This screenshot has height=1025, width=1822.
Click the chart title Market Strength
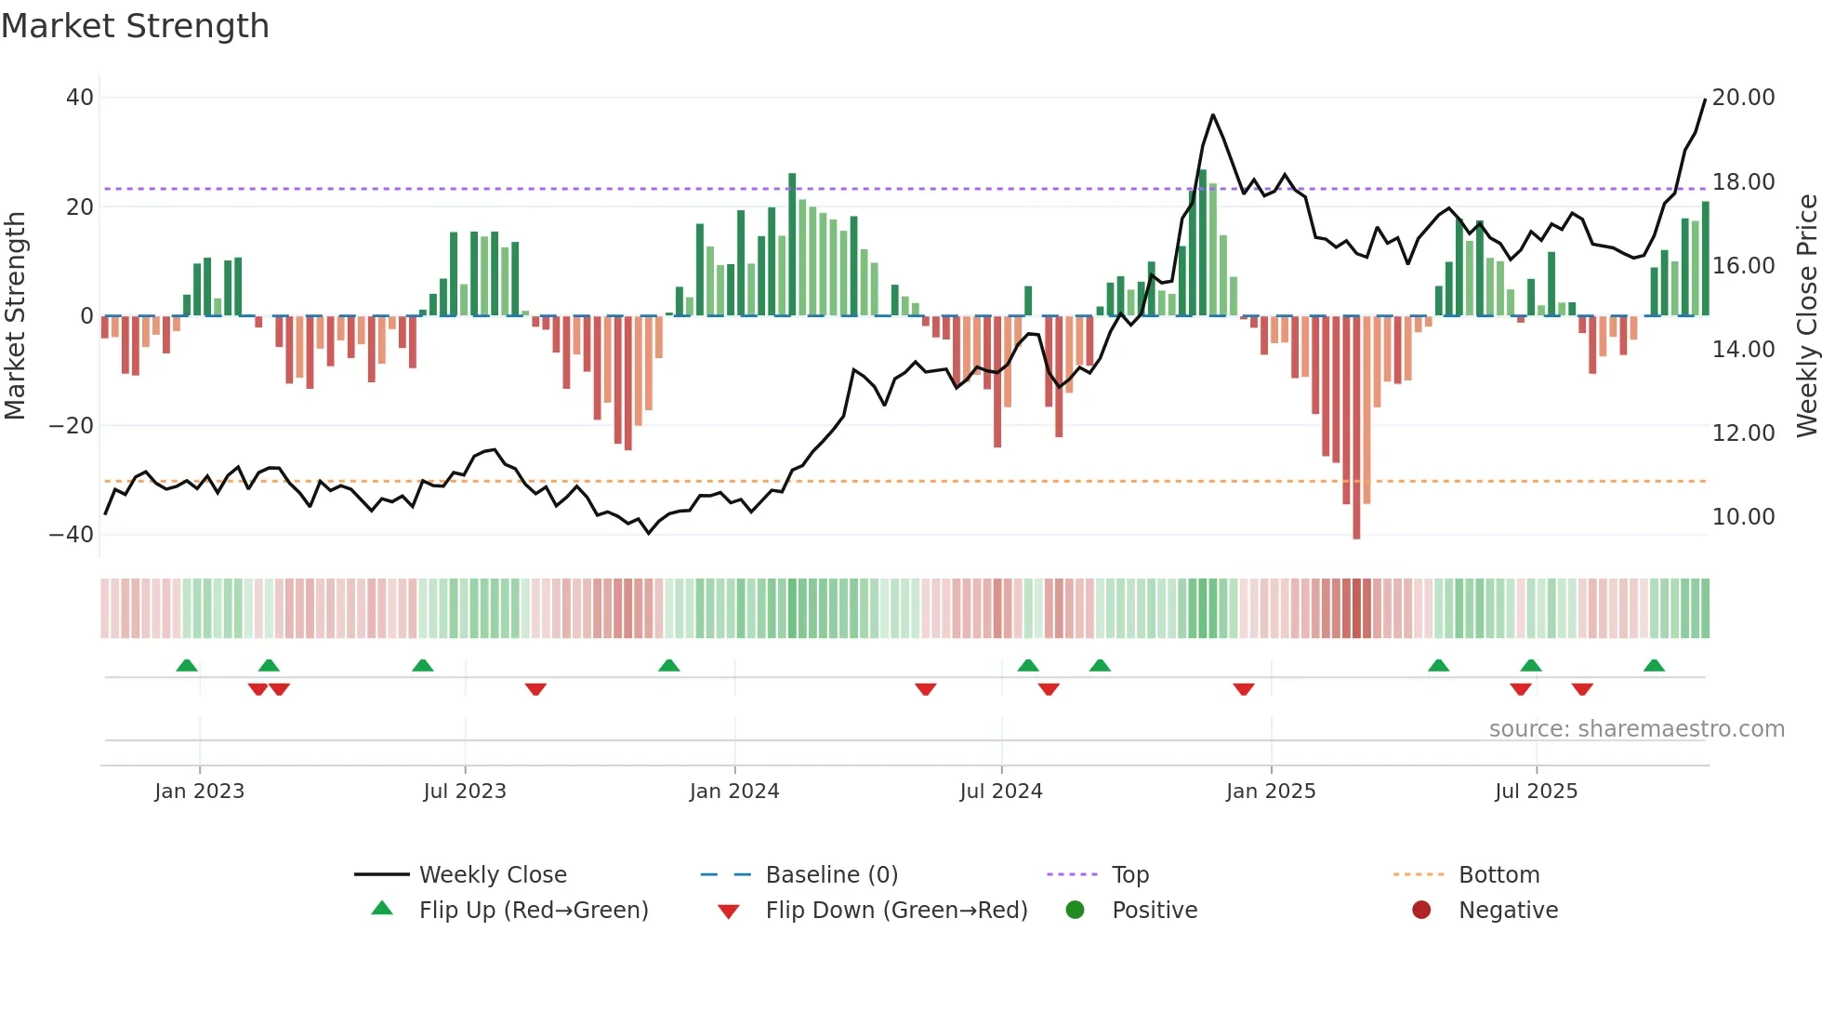pos(135,26)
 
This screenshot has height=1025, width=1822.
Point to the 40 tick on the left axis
pos(80,98)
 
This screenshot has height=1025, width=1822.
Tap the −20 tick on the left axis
pos(72,426)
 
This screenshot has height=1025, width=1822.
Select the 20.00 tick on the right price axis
pos(1743,98)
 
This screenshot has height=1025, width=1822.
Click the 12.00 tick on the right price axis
pos(1743,433)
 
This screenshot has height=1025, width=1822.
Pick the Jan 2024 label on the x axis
pos(733,792)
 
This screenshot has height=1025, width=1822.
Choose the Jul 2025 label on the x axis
pos(1536,792)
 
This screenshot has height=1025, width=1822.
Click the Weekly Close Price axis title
pos(1806,316)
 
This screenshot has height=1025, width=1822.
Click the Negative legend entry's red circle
pos(1421,911)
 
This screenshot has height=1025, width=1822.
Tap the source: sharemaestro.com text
pos(1636,729)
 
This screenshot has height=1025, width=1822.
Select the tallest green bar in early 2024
pos(792,244)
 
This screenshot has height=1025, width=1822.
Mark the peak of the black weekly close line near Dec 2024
pos(1213,115)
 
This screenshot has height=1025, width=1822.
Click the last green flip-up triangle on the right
pos(1654,666)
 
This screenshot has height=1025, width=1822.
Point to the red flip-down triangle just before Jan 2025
pos(1244,689)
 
